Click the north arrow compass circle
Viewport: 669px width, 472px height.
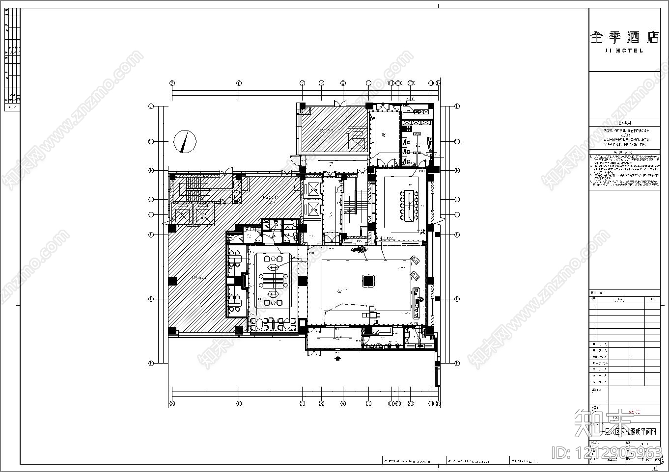click(x=185, y=142)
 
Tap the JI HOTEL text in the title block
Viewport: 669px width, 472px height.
click(x=624, y=51)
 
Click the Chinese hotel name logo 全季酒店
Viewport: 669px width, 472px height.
click(x=624, y=38)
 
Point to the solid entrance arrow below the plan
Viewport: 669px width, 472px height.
click(x=337, y=359)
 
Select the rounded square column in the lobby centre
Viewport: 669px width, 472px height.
click(x=368, y=281)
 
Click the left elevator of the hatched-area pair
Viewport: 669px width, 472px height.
click(x=182, y=215)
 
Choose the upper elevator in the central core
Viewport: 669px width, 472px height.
click(x=312, y=188)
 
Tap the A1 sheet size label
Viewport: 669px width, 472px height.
click(x=655, y=469)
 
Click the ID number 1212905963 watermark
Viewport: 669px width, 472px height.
click(x=607, y=452)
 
